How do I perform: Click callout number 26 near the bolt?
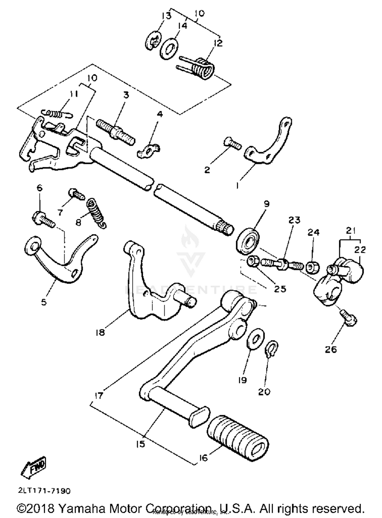click(331, 350)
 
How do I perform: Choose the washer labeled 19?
click(256, 339)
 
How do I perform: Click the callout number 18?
click(100, 333)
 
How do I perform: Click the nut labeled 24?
click(313, 267)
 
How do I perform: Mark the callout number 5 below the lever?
click(44, 302)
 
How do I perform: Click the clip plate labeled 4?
click(149, 151)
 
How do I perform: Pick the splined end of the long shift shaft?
click(224, 226)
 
